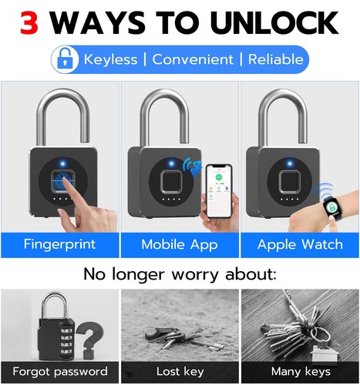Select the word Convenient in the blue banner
click(x=193, y=59)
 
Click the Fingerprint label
click(x=59, y=245)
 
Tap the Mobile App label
click(x=179, y=245)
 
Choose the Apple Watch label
click(x=299, y=245)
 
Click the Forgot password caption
click(x=59, y=372)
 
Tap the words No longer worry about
click(x=180, y=274)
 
